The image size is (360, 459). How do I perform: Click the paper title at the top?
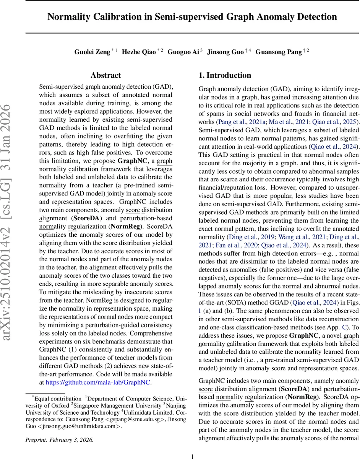click(192, 17)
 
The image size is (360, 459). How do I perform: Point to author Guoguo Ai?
click(185, 52)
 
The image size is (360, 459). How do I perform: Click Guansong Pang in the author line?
click(278, 52)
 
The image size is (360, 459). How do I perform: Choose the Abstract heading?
click(106, 75)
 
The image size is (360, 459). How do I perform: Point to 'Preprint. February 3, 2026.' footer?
click(59, 439)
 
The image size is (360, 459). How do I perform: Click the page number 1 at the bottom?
click(193, 456)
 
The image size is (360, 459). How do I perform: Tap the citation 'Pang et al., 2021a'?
click(241, 122)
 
